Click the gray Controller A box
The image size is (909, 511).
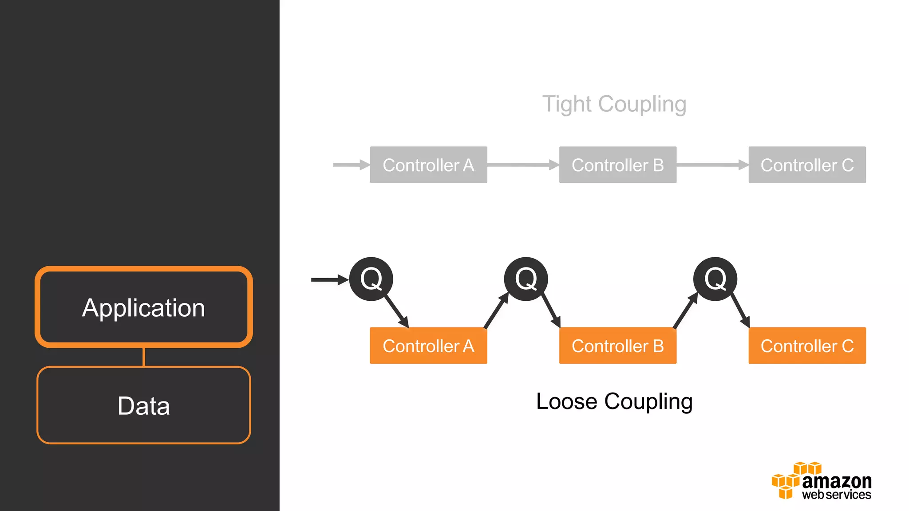(x=428, y=165)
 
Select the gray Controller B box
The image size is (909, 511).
(x=617, y=165)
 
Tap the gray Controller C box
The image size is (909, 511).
(x=807, y=165)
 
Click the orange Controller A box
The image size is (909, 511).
(x=428, y=346)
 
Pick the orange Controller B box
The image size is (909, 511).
(x=617, y=346)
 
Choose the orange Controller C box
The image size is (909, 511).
(x=807, y=346)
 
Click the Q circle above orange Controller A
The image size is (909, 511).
(x=371, y=279)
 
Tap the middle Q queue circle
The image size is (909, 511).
(x=526, y=279)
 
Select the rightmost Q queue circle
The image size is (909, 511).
(x=715, y=279)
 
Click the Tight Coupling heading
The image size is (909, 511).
(x=614, y=104)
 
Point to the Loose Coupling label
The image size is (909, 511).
(x=614, y=401)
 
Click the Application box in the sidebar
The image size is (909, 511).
(x=144, y=307)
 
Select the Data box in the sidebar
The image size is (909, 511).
(x=144, y=405)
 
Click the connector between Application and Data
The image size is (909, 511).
(x=144, y=357)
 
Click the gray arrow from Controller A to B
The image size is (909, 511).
(x=523, y=165)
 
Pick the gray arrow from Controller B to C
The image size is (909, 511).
(x=712, y=165)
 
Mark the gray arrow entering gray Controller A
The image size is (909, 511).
(x=351, y=165)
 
